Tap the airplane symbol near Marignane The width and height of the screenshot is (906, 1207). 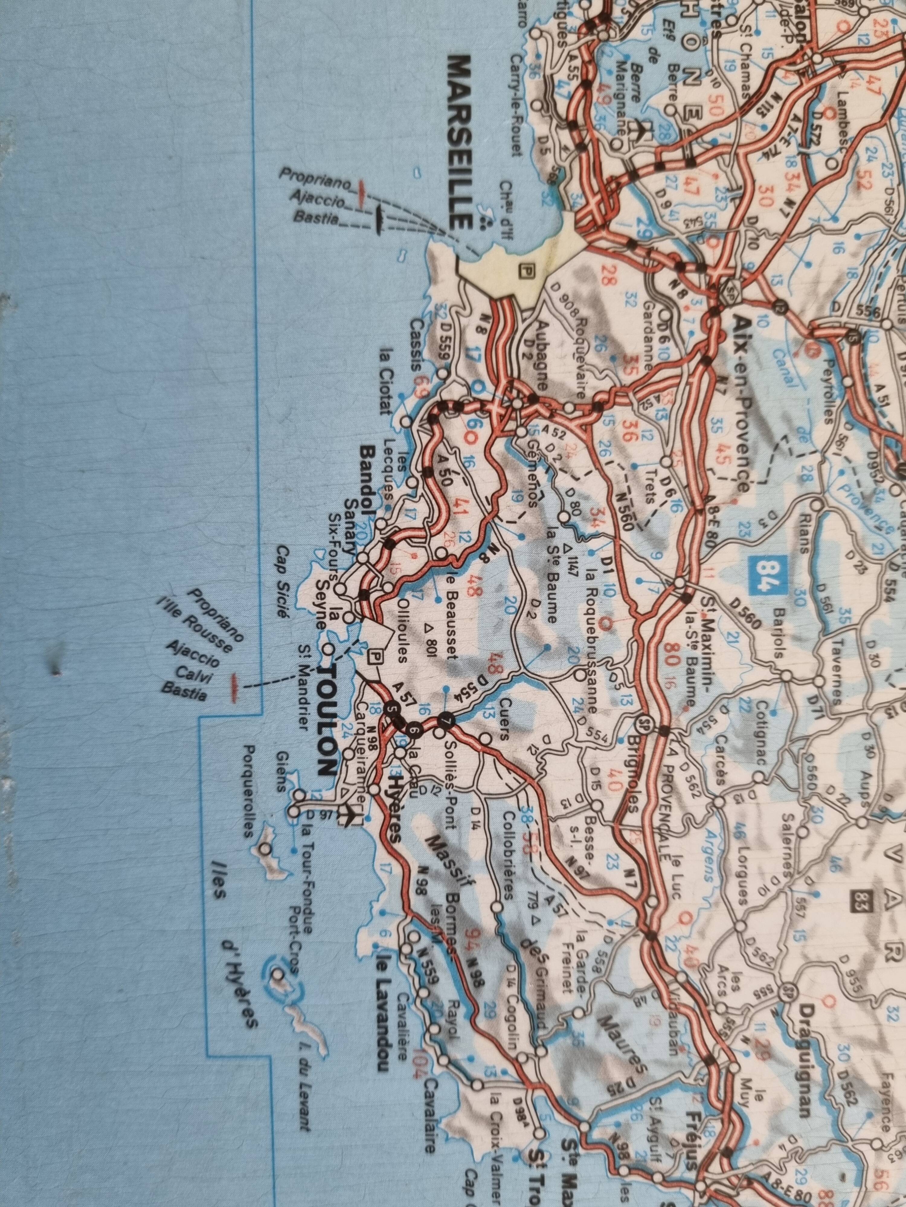tap(634, 129)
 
